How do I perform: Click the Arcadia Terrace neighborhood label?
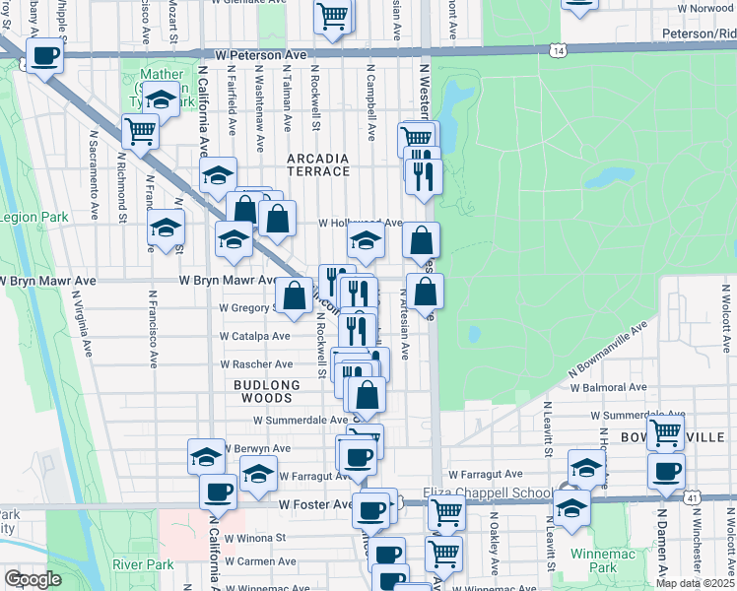[318, 164]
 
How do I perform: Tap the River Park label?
[143, 564]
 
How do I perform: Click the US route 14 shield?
[559, 49]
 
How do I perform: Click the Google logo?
[33, 579]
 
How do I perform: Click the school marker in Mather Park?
[160, 98]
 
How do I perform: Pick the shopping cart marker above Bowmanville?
[666, 430]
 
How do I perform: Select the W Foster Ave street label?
[315, 504]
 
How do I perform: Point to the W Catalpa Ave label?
[254, 336]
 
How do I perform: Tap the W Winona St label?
[254, 539]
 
